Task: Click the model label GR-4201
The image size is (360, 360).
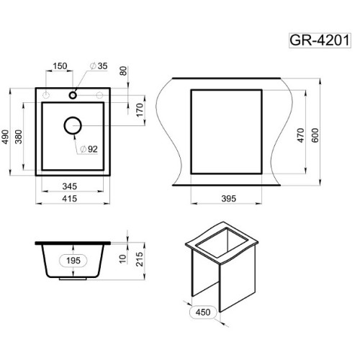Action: tap(320, 40)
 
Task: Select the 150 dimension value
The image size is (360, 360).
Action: tap(60, 66)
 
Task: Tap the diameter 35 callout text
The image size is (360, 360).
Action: tap(99, 66)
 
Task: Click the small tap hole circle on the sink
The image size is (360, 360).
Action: tap(73, 95)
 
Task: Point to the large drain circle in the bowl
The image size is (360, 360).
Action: tap(73, 125)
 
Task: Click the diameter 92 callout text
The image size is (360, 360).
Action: tap(89, 149)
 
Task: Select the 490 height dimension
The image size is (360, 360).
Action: tap(5, 137)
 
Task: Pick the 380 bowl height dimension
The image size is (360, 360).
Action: tap(19, 137)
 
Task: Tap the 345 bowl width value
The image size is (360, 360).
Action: tap(70, 186)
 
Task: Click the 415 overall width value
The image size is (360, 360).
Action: tap(70, 199)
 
